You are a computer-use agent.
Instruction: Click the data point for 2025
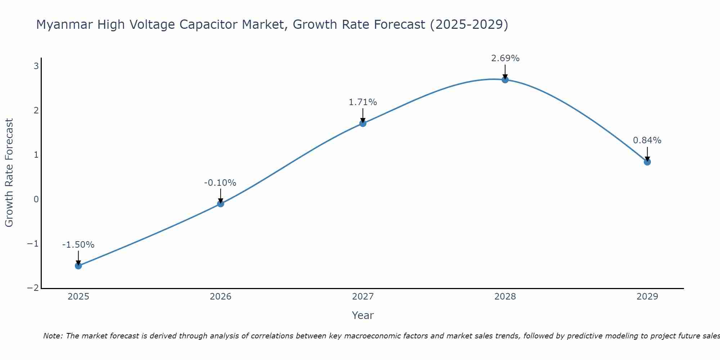point(78,266)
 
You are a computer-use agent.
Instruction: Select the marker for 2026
point(221,204)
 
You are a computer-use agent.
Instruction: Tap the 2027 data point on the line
point(363,123)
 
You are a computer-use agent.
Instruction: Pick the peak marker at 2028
point(505,80)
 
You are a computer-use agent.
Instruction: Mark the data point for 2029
point(647,162)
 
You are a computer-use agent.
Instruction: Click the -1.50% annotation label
point(78,245)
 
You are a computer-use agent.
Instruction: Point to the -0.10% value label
point(220,183)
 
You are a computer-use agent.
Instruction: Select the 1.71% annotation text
point(363,102)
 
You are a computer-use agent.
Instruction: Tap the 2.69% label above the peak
point(505,58)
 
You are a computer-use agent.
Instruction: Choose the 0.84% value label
point(647,140)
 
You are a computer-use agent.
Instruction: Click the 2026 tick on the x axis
point(221,297)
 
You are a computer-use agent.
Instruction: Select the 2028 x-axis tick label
point(505,297)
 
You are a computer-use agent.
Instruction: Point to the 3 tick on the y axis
point(36,66)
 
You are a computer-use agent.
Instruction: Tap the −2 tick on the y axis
point(33,288)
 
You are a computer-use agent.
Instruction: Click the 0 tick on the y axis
point(36,199)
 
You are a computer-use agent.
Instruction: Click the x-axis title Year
point(363,315)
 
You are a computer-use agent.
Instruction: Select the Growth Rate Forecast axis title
point(9,173)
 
